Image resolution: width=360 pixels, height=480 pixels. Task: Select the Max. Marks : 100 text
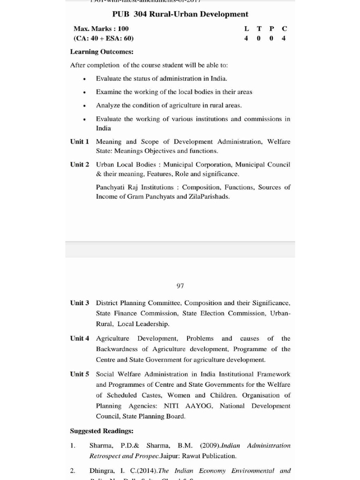101,29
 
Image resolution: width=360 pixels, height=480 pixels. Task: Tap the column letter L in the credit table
247,29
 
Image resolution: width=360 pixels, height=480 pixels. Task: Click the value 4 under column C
284,38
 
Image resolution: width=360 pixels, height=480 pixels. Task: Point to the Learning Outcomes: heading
102,52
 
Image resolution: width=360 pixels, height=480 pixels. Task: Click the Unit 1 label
80,142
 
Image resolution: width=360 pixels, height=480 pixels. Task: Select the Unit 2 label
80,165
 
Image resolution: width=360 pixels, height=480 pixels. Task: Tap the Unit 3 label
80,303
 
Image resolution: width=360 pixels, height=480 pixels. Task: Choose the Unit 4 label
80,338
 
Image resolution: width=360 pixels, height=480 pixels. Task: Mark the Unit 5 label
80,374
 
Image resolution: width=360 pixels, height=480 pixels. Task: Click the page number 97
180,285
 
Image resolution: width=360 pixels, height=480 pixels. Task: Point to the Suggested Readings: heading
102,431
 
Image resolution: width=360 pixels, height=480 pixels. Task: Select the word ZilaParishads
209,196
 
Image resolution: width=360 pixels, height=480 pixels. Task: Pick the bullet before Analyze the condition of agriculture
84,105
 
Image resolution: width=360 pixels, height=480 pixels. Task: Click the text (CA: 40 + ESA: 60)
104,38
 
